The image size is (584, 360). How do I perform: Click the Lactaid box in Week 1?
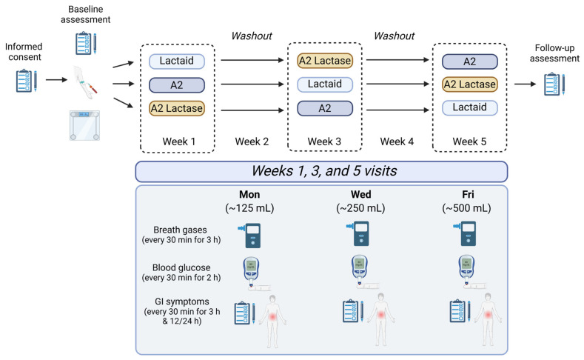(177, 61)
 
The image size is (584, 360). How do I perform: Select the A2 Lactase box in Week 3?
(325, 61)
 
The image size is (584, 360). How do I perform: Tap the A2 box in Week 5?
(470, 61)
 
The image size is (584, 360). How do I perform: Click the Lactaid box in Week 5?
(470, 107)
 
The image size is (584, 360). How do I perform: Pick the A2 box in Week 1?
(177, 85)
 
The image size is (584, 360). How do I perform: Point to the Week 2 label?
(252, 141)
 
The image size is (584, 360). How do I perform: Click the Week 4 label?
(397, 141)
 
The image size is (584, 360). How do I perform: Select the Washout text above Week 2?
(252, 36)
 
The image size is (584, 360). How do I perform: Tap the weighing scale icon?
(85, 125)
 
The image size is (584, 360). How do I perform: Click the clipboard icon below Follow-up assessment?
(554, 84)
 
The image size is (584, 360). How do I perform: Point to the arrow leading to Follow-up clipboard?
(525, 84)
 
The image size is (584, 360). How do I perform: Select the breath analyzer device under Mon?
(250, 236)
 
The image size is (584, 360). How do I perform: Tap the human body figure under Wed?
(380, 319)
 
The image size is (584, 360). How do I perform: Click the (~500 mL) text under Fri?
(466, 208)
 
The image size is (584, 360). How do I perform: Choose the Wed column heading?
(361, 195)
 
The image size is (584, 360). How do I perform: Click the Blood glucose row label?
(181, 273)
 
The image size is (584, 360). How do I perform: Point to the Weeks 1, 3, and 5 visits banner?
(321, 171)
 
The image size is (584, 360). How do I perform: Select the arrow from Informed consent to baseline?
(56, 80)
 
